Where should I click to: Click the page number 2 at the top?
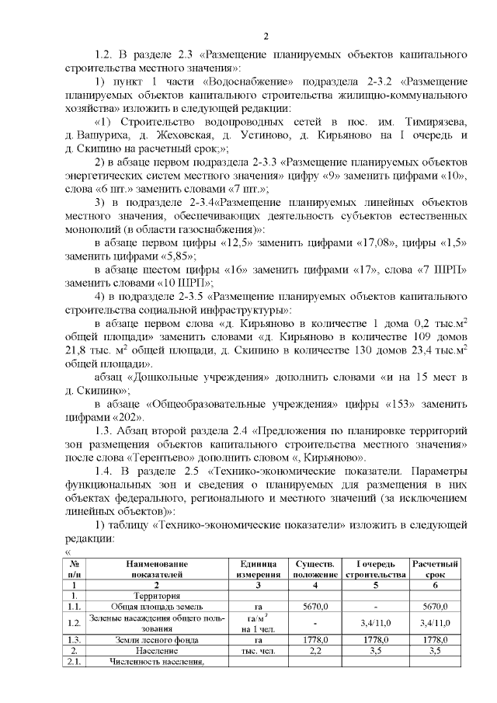tap(265, 37)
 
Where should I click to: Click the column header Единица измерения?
tap(259, 569)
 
